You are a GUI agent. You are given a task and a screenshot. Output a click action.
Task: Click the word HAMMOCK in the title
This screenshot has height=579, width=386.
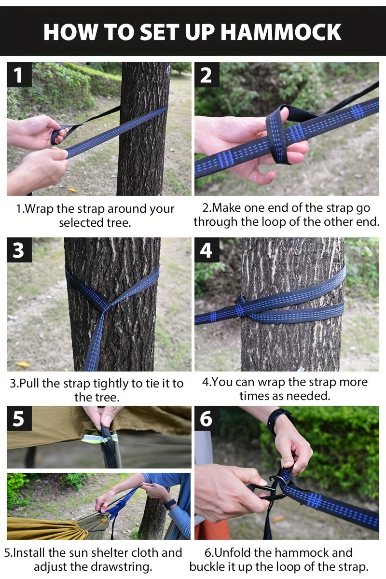tap(281, 32)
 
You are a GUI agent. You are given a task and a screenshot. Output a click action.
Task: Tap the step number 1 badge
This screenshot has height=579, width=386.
tap(19, 75)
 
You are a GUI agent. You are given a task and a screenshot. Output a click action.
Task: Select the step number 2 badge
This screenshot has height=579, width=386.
tap(207, 75)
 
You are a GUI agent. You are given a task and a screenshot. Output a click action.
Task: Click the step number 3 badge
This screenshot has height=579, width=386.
tap(19, 250)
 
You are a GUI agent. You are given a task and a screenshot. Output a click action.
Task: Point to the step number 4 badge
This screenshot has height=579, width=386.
tap(207, 250)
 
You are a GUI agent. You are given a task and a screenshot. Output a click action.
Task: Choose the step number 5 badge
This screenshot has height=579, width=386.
tap(19, 418)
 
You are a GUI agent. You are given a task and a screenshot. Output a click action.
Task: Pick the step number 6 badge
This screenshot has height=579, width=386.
tap(207, 418)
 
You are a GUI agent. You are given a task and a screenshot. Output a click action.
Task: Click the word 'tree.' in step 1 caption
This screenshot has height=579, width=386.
tap(118, 222)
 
